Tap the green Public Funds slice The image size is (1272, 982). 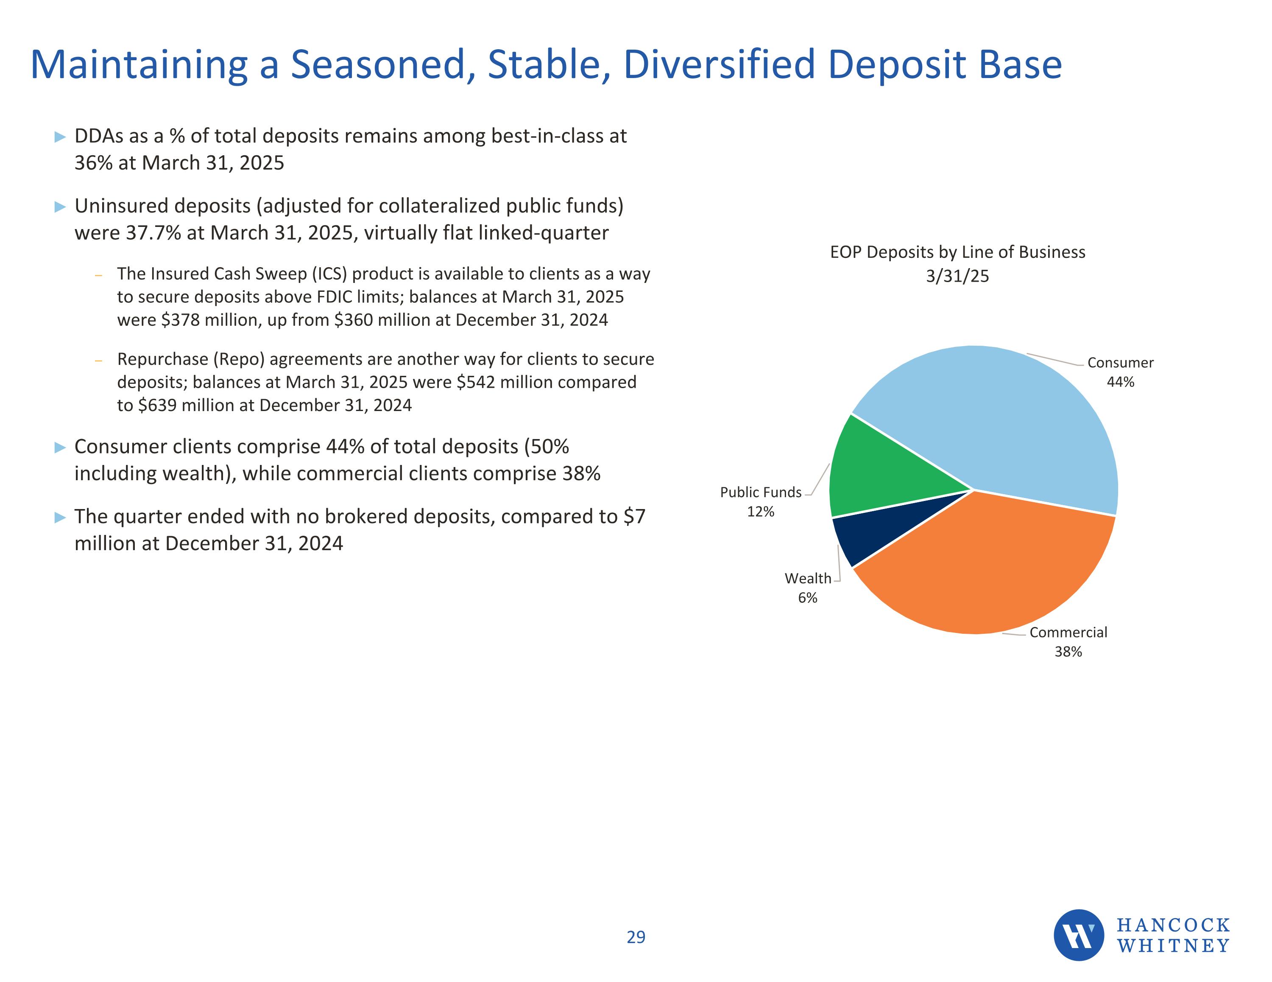click(x=879, y=472)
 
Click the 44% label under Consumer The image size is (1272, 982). click(x=1120, y=382)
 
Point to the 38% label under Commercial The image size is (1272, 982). click(x=1068, y=652)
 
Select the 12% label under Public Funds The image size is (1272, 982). click(x=760, y=512)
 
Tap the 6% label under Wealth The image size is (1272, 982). click(x=807, y=598)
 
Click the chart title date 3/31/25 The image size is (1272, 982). click(x=957, y=276)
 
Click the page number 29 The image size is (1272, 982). click(x=636, y=937)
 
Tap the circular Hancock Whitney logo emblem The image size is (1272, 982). click(x=1078, y=935)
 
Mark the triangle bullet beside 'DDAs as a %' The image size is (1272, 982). click(x=60, y=137)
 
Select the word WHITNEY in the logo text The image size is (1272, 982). click(x=1173, y=946)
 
